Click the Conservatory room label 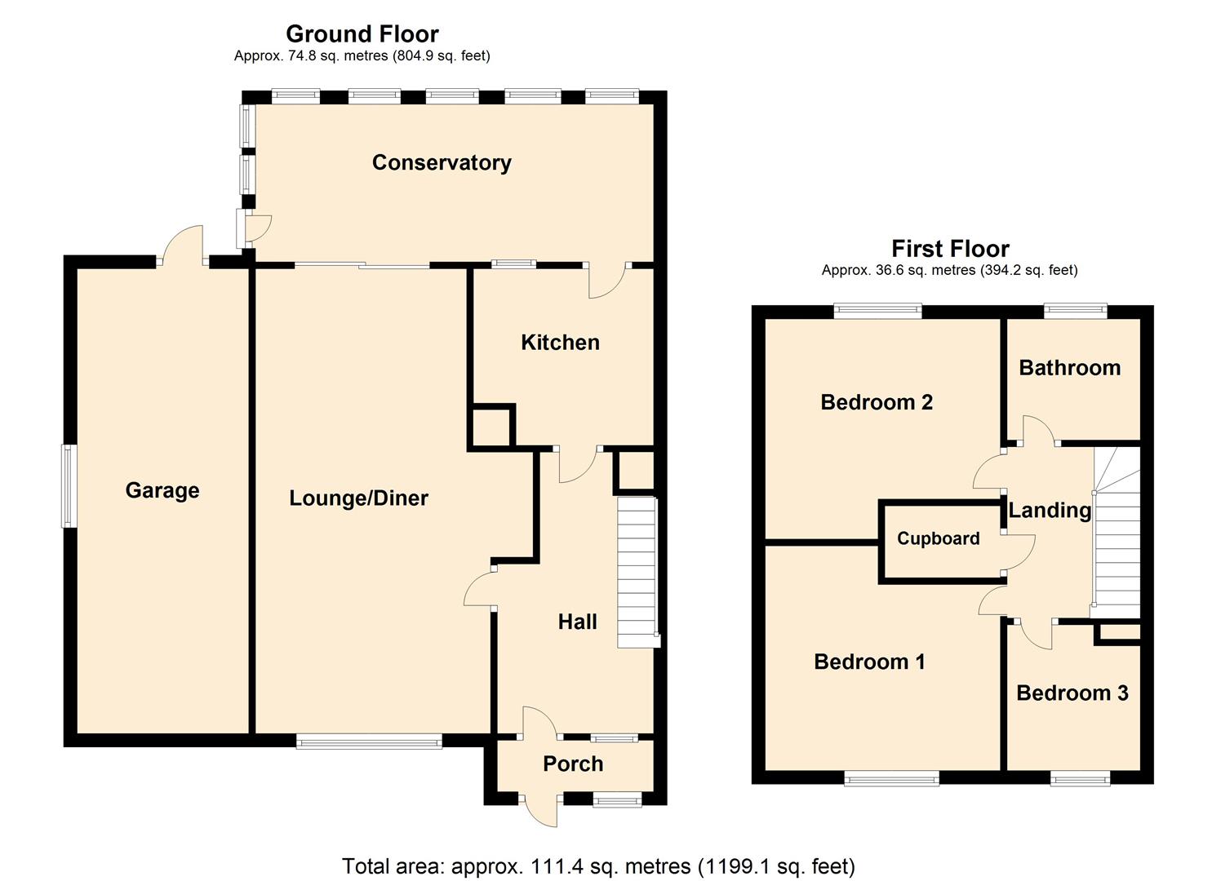point(442,162)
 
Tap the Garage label point(162,490)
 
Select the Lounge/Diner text point(358,498)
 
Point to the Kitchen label point(560,343)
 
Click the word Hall point(577,622)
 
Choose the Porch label point(573,764)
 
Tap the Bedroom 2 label point(876,402)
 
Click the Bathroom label point(1069,368)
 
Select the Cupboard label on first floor point(938,538)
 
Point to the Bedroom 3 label point(1072,693)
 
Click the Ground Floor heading point(362,34)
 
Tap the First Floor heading point(950,249)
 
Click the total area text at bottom point(598,866)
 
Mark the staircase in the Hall point(637,571)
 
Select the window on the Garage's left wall point(70,486)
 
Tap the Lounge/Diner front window point(369,741)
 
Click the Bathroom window point(1076,311)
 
